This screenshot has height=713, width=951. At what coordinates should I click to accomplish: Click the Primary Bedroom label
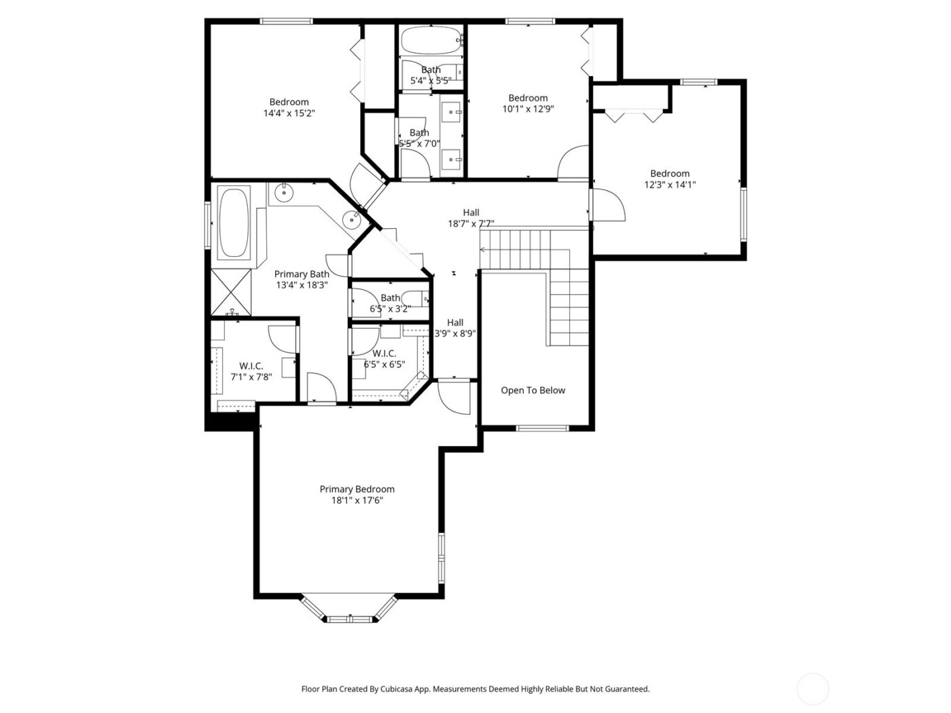[x=357, y=489]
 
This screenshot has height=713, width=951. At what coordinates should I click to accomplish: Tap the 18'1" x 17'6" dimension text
[x=357, y=500]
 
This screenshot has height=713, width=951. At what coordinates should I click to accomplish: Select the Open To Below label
[x=533, y=390]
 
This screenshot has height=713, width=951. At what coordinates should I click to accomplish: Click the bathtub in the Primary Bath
[x=234, y=223]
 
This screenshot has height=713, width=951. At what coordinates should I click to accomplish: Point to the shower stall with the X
[x=231, y=292]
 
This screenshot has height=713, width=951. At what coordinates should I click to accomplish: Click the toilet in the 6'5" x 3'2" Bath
[x=414, y=298]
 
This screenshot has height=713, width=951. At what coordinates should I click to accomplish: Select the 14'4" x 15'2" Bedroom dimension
[x=289, y=113]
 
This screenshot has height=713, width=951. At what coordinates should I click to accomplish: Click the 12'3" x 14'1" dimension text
[x=670, y=185]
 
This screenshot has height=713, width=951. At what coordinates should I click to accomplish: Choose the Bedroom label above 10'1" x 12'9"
[x=528, y=98]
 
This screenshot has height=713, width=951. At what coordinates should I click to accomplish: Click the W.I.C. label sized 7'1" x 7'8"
[x=251, y=366]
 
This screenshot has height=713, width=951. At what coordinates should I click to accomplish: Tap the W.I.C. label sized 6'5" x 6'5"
[x=384, y=353]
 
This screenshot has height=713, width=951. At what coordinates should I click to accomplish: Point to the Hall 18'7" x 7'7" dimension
[x=471, y=223]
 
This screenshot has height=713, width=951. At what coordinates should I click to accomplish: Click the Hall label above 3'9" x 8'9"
[x=455, y=323]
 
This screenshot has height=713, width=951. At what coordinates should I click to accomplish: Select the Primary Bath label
[x=302, y=274]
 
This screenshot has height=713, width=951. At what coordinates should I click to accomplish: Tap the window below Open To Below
[x=542, y=428]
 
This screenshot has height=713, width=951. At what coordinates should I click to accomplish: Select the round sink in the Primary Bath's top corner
[x=283, y=193]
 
